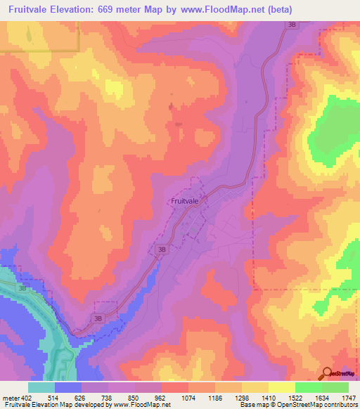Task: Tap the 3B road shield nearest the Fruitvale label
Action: pyautogui.click(x=162, y=249)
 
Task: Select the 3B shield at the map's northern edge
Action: pyautogui.click(x=292, y=25)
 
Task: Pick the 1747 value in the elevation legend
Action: pyautogui.click(x=347, y=396)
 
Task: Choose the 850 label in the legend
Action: pyautogui.click(x=136, y=396)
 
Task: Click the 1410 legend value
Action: pyautogui.click(x=268, y=396)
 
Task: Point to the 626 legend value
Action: pyautogui.click(x=84, y=396)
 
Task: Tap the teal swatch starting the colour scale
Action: pyautogui.click(x=41, y=387)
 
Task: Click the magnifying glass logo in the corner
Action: pyautogui.click(x=328, y=373)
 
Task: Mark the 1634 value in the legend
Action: pyautogui.click(x=320, y=396)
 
